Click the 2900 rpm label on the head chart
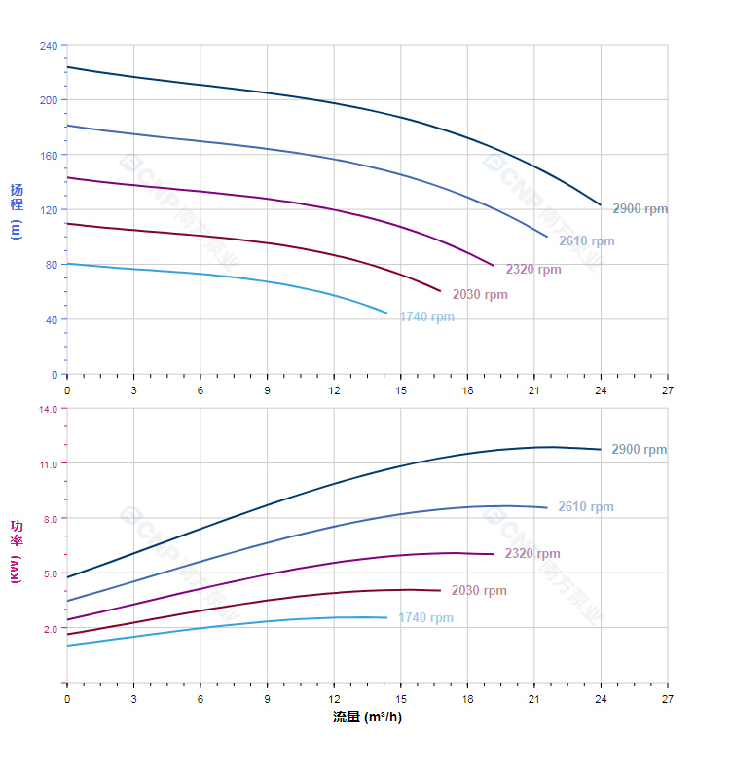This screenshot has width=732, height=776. (640, 209)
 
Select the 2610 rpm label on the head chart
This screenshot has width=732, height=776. (586, 241)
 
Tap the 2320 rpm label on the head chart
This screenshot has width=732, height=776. (532, 270)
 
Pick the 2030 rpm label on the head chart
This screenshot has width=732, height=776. (479, 295)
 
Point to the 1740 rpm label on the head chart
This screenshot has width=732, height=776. (426, 317)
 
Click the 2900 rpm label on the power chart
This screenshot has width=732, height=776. (639, 450)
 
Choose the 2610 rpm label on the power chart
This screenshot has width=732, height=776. (586, 507)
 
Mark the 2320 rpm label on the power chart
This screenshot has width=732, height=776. (532, 554)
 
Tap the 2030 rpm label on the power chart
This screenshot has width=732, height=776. (479, 591)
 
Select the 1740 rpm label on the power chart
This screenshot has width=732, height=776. (425, 618)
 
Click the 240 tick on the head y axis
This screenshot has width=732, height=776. (49, 46)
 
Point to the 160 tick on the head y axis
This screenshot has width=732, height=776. (49, 155)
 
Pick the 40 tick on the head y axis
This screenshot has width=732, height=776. (52, 319)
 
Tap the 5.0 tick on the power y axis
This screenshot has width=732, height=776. (51, 573)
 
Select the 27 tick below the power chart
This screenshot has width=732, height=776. (667, 699)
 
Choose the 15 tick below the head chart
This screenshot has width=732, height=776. (400, 390)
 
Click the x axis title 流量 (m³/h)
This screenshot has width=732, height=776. (367, 718)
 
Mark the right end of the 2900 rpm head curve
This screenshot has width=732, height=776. (601, 205)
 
